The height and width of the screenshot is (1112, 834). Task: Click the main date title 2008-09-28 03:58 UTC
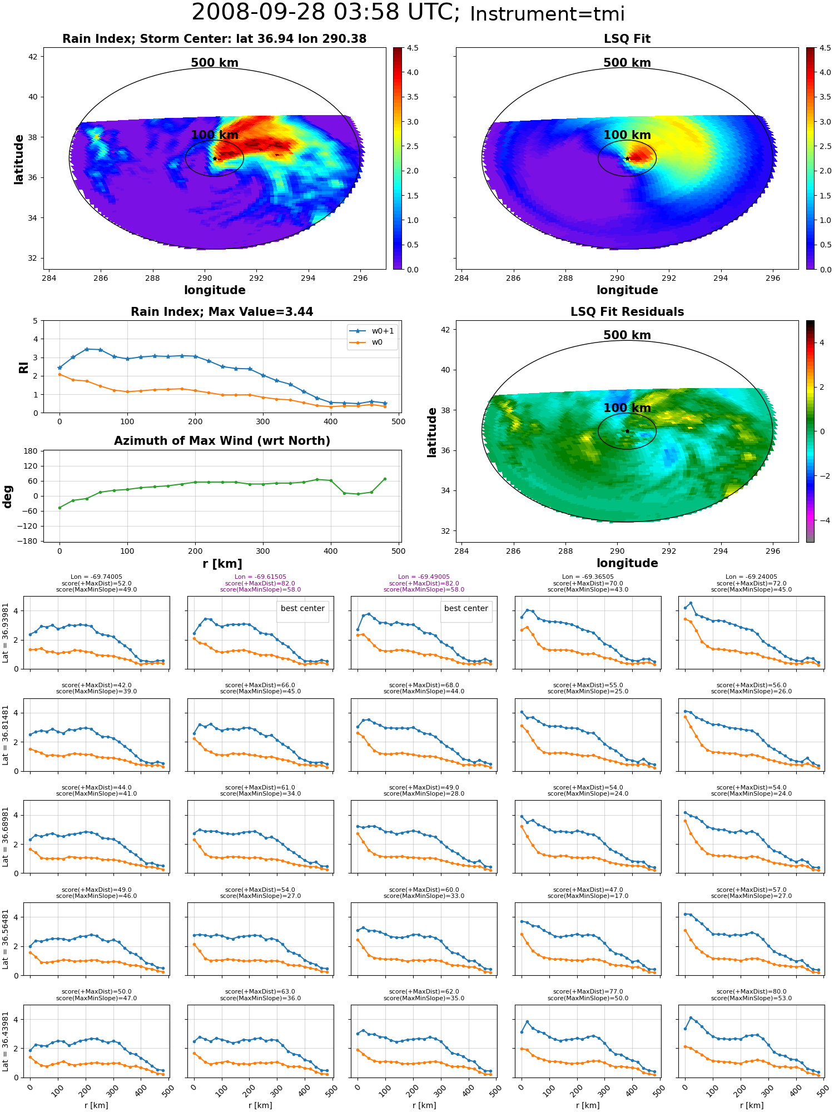(x=326, y=13)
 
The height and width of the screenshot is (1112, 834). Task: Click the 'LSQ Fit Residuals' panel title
(x=627, y=312)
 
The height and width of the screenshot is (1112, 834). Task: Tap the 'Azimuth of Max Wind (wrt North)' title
(x=222, y=441)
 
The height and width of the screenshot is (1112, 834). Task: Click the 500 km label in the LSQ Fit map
(x=627, y=63)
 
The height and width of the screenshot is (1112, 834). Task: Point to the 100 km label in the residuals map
(x=627, y=408)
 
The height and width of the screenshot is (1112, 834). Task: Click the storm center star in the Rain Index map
(x=215, y=159)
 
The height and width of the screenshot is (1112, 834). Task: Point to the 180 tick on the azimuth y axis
(x=31, y=451)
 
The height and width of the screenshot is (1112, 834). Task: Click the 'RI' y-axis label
(x=23, y=367)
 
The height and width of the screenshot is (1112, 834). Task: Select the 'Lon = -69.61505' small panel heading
(x=260, y=577)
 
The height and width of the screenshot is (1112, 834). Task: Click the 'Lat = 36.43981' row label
(x=6, y=1041)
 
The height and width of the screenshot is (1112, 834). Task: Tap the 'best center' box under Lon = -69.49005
(x=466, y=609)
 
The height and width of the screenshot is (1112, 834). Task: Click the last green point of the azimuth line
(x=385, y=479)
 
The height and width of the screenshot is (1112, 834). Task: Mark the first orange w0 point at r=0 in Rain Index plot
(x=59, y=374)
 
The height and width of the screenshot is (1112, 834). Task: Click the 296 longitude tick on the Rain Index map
(x=360, y=278)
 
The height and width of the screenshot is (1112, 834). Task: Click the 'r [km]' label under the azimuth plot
(x=222, y=564)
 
